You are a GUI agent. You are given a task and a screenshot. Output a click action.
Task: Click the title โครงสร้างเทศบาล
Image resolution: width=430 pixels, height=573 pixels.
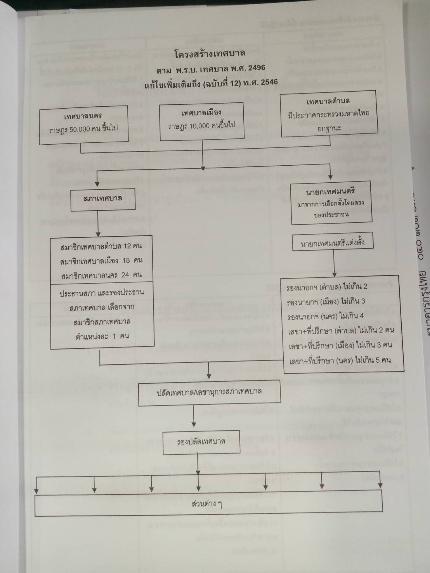pyautogui.click(x=210, y=54)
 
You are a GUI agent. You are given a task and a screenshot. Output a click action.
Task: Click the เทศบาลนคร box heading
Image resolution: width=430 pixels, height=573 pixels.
pyautogui.click(x=83, y=116)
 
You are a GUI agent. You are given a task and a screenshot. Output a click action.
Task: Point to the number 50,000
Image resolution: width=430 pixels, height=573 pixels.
pyautogui.click(x=83, y=128)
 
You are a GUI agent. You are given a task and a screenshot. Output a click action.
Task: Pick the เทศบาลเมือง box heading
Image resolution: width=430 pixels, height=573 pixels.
pyautogui.click(x=201, y=113)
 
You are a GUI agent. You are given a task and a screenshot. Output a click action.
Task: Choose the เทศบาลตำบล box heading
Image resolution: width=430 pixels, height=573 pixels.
pyautogui.click(x=328, y=101)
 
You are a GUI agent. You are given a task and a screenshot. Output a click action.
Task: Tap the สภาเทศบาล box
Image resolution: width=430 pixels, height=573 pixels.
pyautogui.click(x=102, y=198)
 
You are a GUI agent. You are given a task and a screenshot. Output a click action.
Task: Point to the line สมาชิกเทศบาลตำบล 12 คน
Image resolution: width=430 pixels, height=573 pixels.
pyautogui.click(x=101, y=246)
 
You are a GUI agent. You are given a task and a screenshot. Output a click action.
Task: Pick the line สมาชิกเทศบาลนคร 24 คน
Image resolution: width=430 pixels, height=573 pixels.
pyautogui.click(x=101, y=275)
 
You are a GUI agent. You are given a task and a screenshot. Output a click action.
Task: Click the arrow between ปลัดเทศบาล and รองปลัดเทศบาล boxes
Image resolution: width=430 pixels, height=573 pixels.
pyautogui.click(x=194, y=418)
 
